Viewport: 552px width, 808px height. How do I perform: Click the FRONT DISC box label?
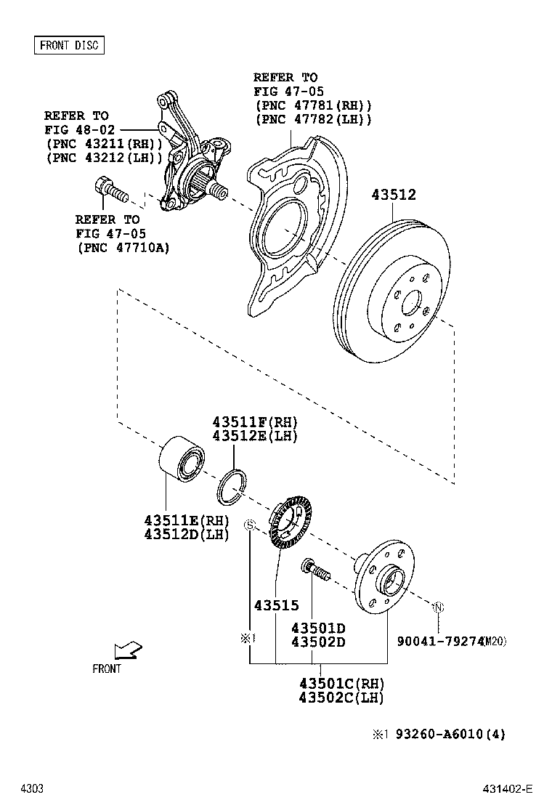(69, 45)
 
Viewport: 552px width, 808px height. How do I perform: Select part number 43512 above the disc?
(394, 195)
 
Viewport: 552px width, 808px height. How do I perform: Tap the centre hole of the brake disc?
(412, 300)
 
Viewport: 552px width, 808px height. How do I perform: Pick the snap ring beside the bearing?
(233, 486)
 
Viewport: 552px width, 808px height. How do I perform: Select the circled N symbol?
(439, 606)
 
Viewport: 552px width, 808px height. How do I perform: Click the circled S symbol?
(249, 525)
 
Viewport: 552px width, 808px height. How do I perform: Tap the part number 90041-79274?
(439, 641)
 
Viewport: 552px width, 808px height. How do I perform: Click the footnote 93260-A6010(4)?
(450, 734)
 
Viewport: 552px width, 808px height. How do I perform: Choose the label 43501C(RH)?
(341, 684)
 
